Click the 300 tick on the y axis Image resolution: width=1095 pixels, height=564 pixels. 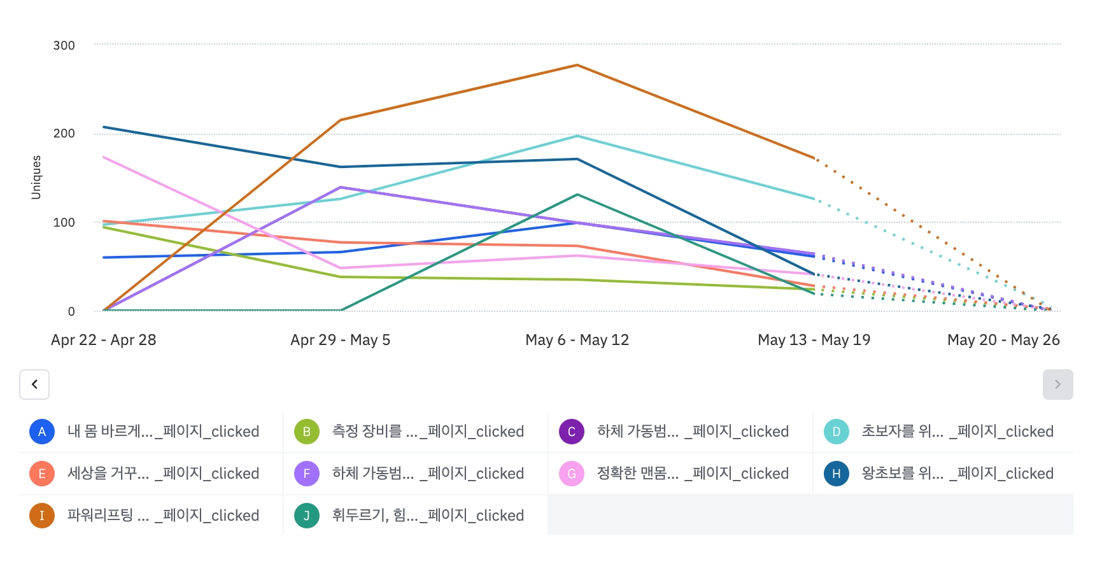[64, 45]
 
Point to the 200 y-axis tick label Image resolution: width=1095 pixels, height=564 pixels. [64, 133]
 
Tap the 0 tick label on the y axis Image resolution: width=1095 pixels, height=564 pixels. [71, 311]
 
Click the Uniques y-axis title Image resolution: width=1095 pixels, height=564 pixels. [36, 177]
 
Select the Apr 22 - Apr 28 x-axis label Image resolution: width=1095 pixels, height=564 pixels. [103, 340]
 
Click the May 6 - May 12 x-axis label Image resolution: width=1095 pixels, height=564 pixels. [577, 340]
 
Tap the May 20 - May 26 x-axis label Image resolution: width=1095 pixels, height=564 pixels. [1003, 340]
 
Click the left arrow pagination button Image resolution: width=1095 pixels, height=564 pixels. [34, 384]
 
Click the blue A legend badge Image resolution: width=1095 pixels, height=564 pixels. [42, 432]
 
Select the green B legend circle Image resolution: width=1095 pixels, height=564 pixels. [307, 432]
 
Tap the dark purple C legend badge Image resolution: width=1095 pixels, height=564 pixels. [572, 432]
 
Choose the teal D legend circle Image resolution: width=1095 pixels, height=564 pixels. [837, 432]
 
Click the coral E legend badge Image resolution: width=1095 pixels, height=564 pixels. [42, 474]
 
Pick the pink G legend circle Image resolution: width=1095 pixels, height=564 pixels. [572, 474]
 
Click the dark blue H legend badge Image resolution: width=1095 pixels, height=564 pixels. [837, 474]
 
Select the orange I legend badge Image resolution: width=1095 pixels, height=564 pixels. [42, 516]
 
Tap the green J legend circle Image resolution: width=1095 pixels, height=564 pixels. [307, 516]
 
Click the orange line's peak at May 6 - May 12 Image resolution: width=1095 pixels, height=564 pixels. [577, 65]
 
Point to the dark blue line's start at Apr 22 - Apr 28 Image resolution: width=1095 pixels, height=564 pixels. [104, 127]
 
